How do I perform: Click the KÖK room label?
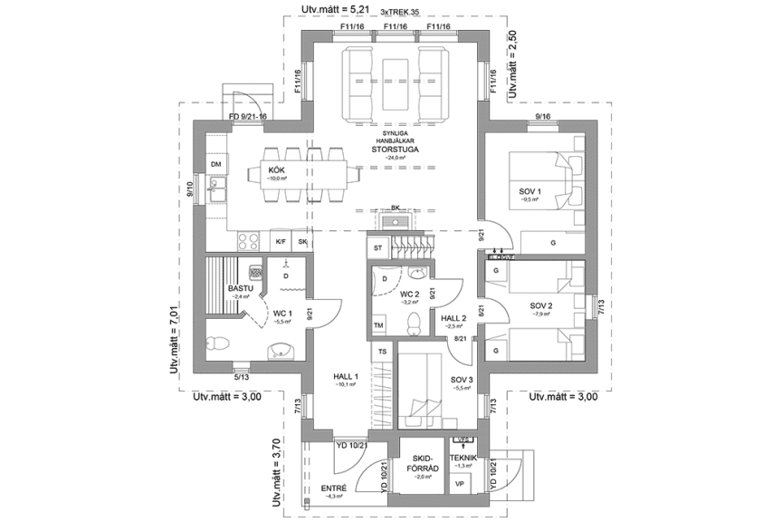tap(277, 169)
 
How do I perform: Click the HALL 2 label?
tap(453, 319)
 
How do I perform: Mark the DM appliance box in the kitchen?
tap(216, 163)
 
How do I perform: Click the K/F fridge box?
tap(281, 242)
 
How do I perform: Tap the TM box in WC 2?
tap(378, 325)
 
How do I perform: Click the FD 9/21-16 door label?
tap(247, 118)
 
